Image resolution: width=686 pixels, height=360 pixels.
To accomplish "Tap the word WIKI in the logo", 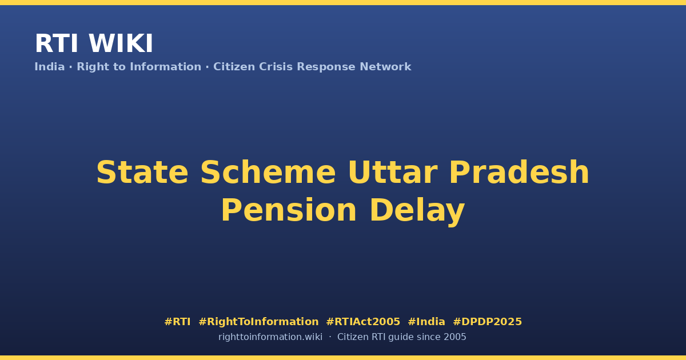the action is [x=121, y=43].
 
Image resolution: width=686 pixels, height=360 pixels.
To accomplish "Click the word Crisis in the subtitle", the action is [x=276, y=67].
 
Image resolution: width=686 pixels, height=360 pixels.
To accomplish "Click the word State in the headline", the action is [x=142, y=173].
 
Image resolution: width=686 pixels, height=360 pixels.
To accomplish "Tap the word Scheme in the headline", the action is [x=268, y=173].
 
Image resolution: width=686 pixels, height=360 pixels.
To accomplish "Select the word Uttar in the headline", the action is [x=393, y=173].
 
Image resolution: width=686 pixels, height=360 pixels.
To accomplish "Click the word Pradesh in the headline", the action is [x=519, y=173].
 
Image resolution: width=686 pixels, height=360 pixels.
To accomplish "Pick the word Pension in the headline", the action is [x=289, y=210].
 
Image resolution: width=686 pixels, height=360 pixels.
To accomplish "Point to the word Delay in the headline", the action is [x=417, y=211].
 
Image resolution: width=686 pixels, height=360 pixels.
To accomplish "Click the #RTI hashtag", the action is [x=177, y=322].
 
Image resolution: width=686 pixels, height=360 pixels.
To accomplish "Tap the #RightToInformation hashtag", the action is [x=258, y=322].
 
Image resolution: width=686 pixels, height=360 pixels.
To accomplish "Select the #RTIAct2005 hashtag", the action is [x=363, y=322].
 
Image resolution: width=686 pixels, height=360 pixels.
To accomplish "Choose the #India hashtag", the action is [x=426, y=322].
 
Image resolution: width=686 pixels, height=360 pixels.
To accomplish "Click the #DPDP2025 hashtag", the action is [x=487, y=322].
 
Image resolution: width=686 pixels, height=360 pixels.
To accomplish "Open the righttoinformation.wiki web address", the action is [x=270, y=337].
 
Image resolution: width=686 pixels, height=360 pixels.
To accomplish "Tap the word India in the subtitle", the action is [x=50, y=67].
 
